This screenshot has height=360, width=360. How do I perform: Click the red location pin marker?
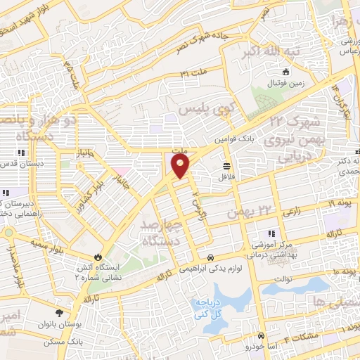point(181,166)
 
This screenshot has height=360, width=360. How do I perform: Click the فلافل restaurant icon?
point(227,166)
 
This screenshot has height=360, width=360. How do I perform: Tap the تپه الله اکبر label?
point(271,53)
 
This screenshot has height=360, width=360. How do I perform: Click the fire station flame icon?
point(98,257)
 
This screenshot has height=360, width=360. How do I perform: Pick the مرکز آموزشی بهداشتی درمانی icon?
point(271,233)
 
